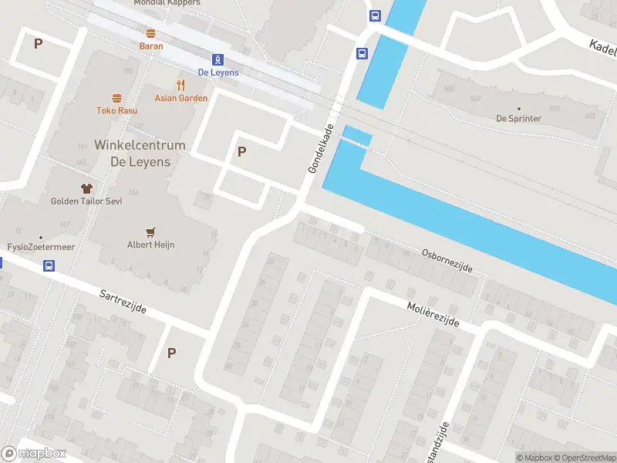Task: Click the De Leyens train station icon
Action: pyautogui.click(x=218, y=59)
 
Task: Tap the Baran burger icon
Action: pyautogui.click(x=151, y=33)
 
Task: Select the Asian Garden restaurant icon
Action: pyautogui.click(x=181, y=85)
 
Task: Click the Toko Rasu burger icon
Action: pyautogui.click(x=117, y=98)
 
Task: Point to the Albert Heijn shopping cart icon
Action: pyautogui.click(x=151, y=231)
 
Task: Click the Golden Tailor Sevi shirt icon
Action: pyautogui.click(x=86, y=188)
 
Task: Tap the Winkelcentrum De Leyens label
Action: pyautogui.click(x=140, y=154)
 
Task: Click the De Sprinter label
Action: pyautogui.click(x=518, y=119)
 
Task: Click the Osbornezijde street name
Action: pyautogui.click(x=447, y=260)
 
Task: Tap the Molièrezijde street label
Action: pyautogui.click(x=433, y=314)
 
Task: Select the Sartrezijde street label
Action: pyautogui.click(x=123, y=302)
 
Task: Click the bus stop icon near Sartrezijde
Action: pyautogui.click(x=49, y=266)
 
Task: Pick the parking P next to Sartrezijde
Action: pyautogui.click(x=171, y=353)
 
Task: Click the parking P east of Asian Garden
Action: pyautogui.click(x=241, y=152)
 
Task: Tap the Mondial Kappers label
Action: pyautogui.click(x=167, y=3)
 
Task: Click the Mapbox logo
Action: pyautogui.click(x=33, y=454)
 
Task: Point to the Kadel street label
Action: pyautogui.click(x=602, y=47)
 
